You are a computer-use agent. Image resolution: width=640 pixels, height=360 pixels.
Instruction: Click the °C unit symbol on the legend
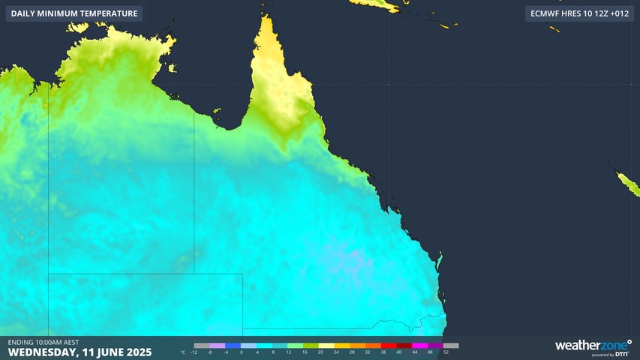click(184, 351)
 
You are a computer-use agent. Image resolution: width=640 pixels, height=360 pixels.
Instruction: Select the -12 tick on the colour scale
click(194, 351)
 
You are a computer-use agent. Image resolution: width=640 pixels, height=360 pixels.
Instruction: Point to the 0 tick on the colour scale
click(242, 351)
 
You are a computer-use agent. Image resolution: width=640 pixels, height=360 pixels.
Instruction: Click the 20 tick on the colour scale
click(320, 351)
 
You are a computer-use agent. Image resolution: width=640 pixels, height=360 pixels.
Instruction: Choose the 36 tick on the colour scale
click(383, 351)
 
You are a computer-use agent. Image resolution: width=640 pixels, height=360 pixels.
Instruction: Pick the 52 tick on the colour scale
click(446, 351)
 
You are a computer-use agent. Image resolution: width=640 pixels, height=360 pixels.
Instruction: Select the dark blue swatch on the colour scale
click(230, 346)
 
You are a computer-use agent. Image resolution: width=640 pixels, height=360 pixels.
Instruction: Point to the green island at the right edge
click(626, 184)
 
